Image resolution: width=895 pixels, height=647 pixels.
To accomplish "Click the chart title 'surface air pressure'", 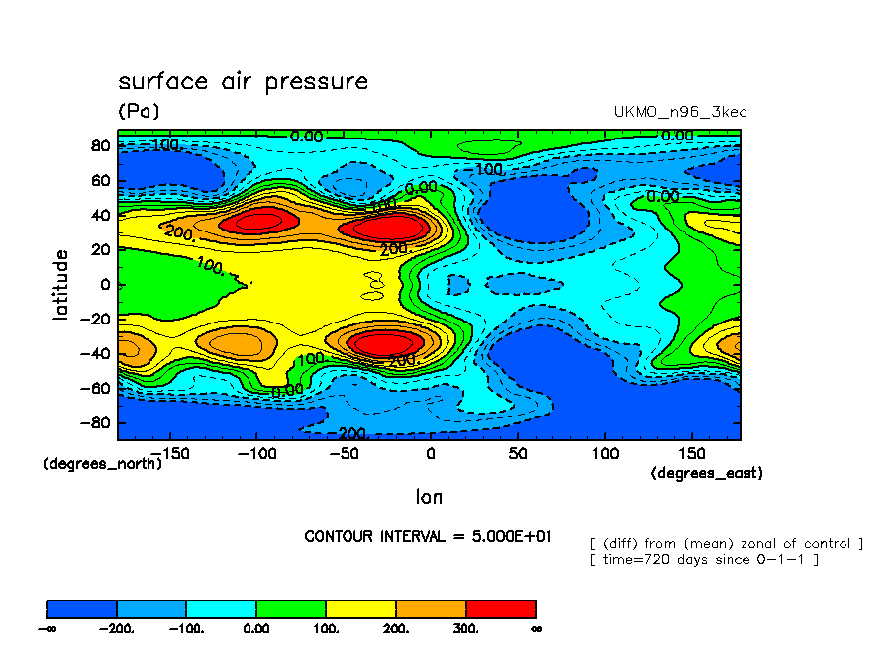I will (x=243, y=81).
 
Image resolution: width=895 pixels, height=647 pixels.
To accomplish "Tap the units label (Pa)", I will (x=139, y=111).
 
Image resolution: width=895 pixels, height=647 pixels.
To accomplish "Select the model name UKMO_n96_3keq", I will (x=680, y=112).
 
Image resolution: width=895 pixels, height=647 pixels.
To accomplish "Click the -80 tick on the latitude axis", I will (x=97, y=422).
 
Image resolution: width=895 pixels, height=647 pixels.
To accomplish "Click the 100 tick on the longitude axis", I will (x=604, y=452).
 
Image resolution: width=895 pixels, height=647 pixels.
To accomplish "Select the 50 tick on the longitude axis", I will (x=517, y=452).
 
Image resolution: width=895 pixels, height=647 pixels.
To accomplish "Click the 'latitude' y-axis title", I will (x=61, y=284).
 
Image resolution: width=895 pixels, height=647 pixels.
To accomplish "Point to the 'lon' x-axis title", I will (x=429, y=497).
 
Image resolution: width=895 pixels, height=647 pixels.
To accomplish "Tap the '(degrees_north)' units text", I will (x=102, y=463).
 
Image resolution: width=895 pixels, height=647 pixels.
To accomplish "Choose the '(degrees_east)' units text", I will (x=707, y=473).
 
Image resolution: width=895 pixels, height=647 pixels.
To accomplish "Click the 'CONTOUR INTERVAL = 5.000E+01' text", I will (x=428, y=536).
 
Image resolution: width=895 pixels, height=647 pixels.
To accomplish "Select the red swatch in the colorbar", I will (x=500, y=608).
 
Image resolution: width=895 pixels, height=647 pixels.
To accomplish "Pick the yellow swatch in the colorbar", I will (x=360, y=608).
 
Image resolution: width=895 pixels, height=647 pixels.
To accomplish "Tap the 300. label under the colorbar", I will (x=466, y=628).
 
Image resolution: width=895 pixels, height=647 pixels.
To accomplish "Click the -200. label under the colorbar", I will (x=117, y=628).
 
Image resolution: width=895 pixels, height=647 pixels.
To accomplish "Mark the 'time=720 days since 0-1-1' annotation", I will (x=704, y=560).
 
